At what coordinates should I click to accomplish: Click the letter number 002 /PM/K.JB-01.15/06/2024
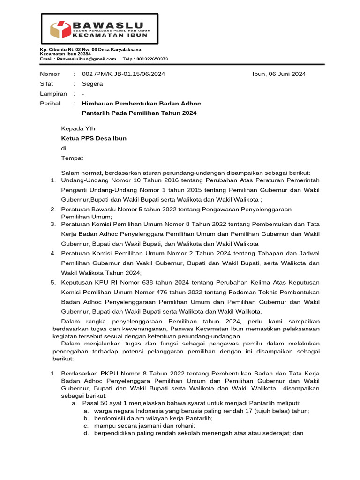(x=123, y=74)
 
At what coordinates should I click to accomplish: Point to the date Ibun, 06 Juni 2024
(x=279, y=74)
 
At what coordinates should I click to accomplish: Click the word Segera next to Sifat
(x=92, y=84)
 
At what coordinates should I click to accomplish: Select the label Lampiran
(x=53, y=94)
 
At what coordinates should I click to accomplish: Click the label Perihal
(x=50, y=104)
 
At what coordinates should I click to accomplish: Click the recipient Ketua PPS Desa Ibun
(x=94, y=138)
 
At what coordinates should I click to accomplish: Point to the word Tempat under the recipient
(x=72, y=158)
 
